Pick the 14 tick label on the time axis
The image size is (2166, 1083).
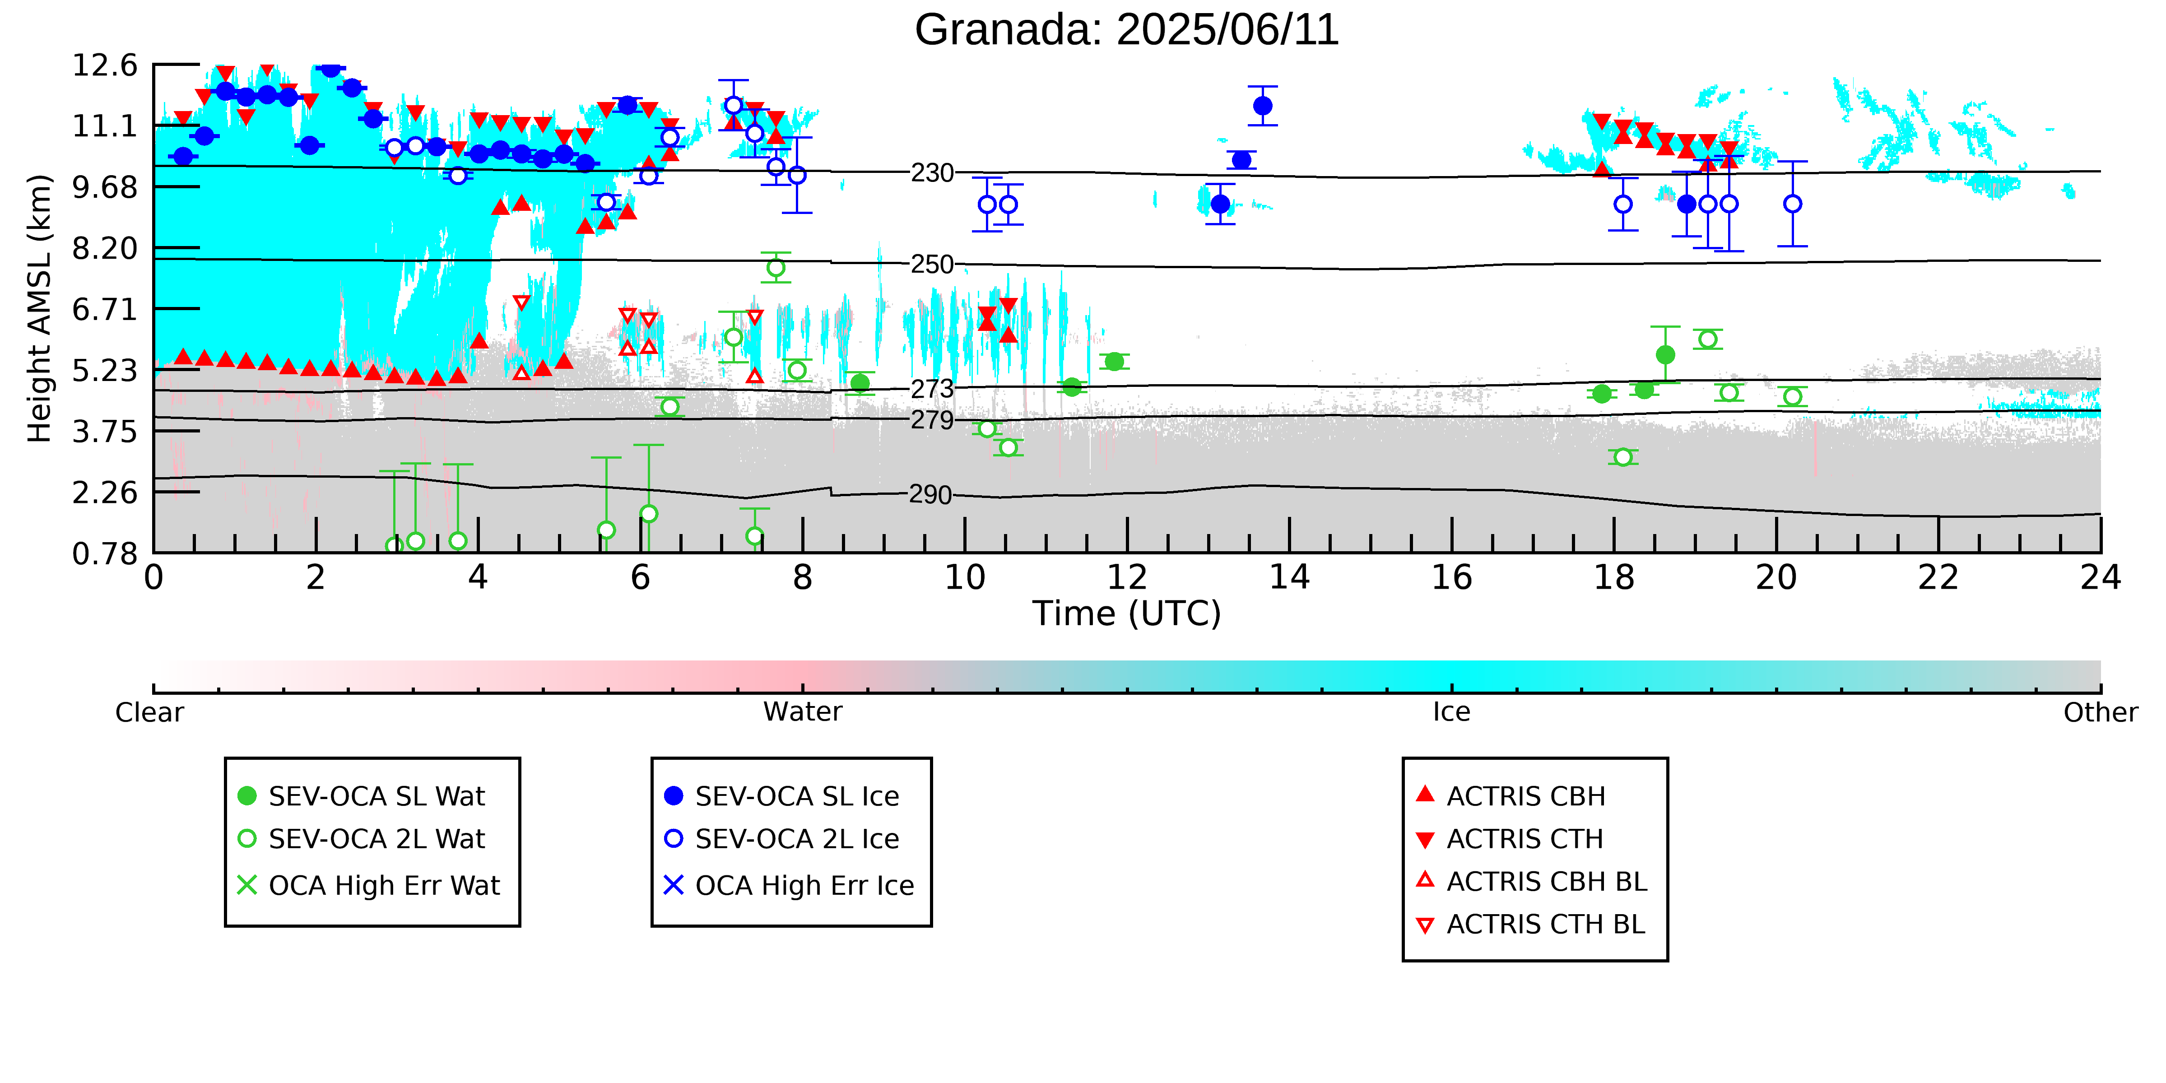point(1289,578)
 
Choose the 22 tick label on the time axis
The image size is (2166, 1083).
point(1938,578)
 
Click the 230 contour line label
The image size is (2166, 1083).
point(933,173)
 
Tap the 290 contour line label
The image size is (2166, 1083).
point(931,494)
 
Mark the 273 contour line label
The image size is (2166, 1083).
point(933,389)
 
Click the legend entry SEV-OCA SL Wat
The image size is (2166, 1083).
point(362,796)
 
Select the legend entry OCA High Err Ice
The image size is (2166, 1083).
point(789,885)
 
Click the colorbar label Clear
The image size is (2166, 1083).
point(150,712)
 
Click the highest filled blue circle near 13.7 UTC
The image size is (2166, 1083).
point(1262,106)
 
